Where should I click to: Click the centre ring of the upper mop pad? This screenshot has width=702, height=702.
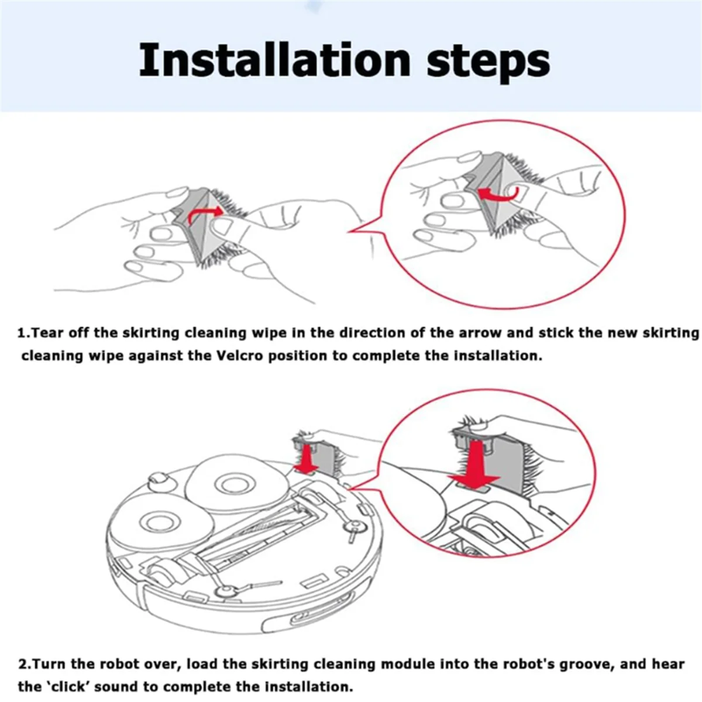click(232, 484)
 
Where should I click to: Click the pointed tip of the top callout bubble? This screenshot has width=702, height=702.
click(349, 231)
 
